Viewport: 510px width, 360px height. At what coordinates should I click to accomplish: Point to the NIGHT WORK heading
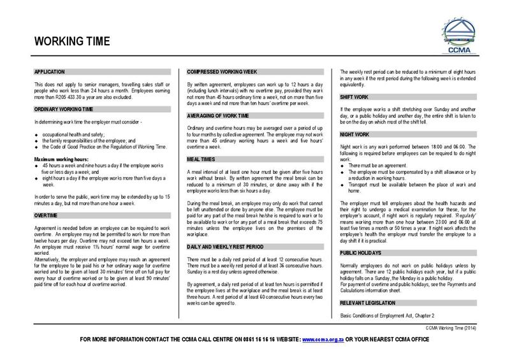pos(357,136)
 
